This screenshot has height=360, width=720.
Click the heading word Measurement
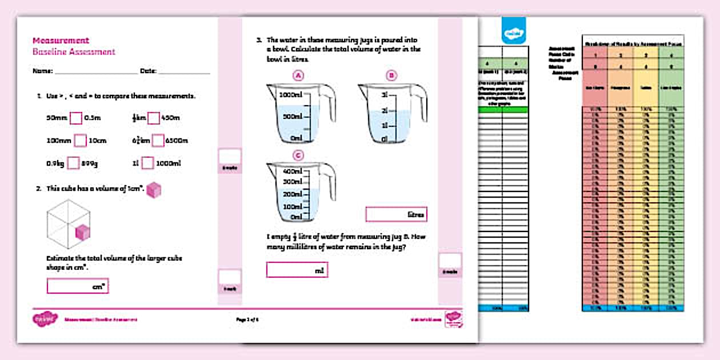61,41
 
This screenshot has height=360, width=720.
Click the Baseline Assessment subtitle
74,52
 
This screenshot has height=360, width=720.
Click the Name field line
95,72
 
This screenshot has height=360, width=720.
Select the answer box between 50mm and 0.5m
76,118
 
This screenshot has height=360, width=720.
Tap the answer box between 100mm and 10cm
80,141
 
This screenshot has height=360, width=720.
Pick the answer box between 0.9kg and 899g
73,163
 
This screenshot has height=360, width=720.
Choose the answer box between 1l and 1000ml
147,163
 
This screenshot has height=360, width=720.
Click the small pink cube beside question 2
154,190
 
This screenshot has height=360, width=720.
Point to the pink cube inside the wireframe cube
83,232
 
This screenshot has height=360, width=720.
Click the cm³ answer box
78,286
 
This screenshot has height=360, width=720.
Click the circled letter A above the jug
298,75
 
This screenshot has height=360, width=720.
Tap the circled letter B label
391,75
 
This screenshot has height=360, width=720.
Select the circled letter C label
298,155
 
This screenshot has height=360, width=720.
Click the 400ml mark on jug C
292,171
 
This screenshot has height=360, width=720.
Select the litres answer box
396,214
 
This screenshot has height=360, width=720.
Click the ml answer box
297,270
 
